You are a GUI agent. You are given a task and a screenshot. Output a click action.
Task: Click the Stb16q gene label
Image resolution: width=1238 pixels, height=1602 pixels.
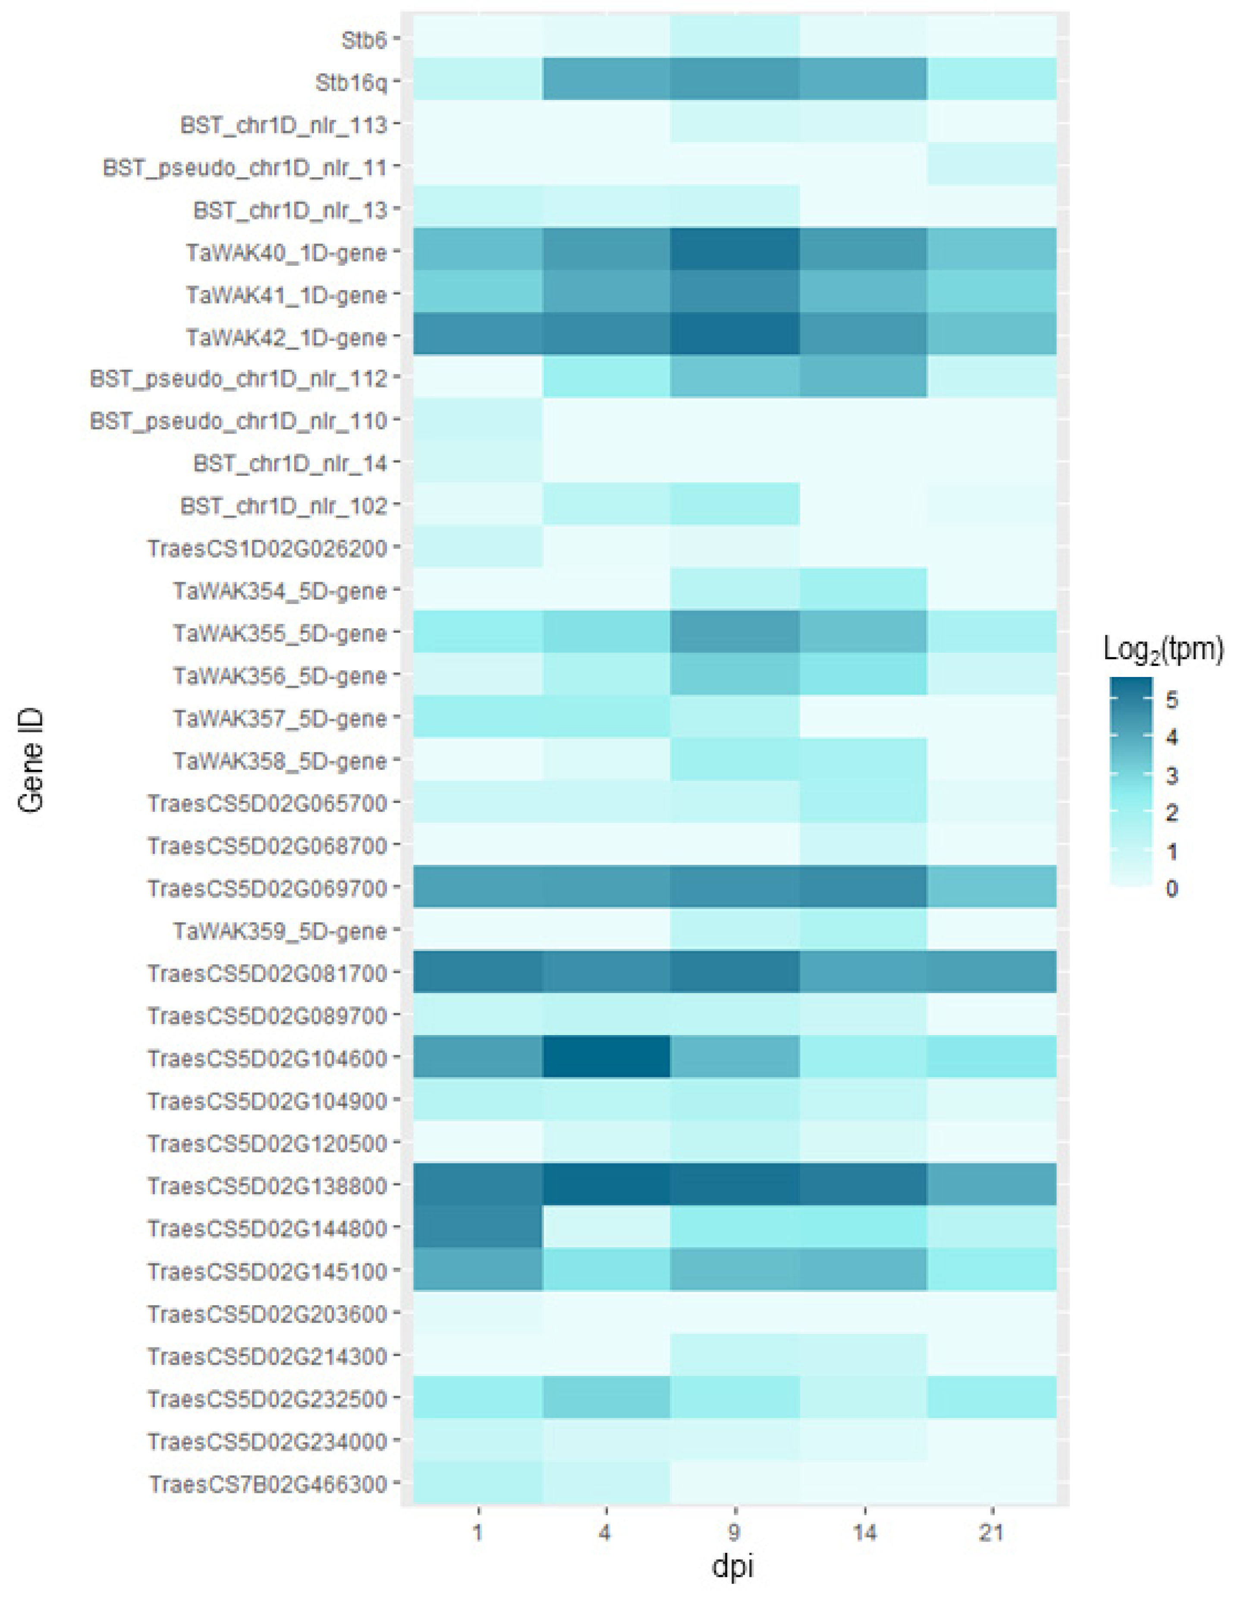point(351,83)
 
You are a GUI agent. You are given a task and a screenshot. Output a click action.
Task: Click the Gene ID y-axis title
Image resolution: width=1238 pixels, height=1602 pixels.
point(31,760)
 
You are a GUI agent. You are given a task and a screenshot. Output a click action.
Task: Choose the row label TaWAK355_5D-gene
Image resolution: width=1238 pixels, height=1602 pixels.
point(280,633)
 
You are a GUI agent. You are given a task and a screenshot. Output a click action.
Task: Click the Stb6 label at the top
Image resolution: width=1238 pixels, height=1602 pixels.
point(364,41)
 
